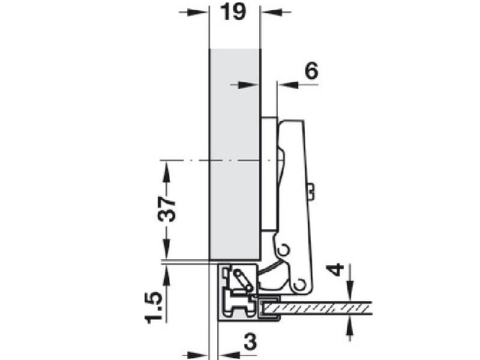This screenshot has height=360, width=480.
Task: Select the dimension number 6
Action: click(x=311, y=71)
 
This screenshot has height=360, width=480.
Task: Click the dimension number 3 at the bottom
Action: click(x=250, y=342)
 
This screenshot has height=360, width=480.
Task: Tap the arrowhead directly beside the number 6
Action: click(x=288, y=85)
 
